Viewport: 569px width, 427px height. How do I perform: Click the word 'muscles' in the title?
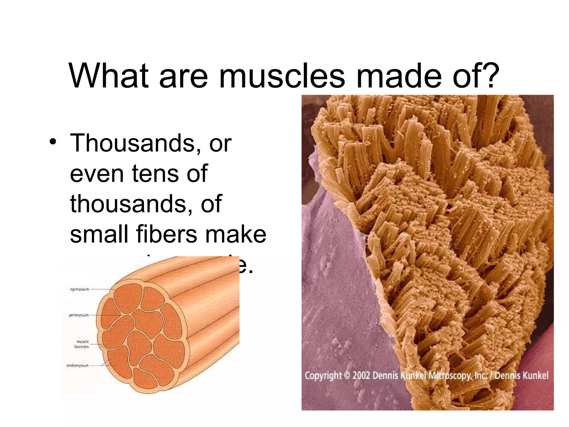[x=282, y=76]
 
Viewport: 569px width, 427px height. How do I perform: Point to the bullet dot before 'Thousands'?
[x=53, y=141]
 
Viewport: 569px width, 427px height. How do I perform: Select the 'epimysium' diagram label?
[x=79, y=289]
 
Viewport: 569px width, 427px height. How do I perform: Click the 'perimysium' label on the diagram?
[x=79, y=315]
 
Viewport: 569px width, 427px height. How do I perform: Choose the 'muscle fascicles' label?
[x=82, y=344]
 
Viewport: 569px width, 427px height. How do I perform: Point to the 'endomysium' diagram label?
[x=78, y=365]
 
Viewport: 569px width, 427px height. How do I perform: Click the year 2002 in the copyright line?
[x=361, y=376]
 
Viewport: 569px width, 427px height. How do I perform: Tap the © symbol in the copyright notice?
[x=347, y=376]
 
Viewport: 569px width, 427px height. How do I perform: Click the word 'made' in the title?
[x=399, y=76]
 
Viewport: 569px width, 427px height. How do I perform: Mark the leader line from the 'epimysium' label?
[x=101, y=289]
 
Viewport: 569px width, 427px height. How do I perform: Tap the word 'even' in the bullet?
[x=97, y=173]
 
